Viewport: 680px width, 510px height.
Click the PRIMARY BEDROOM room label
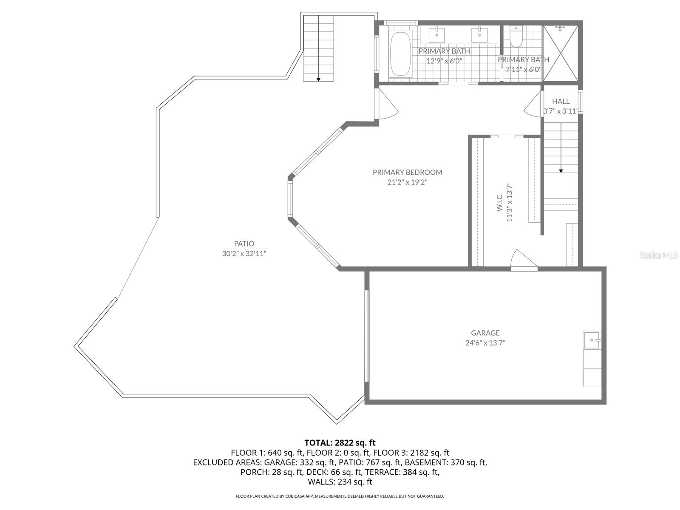click(407, 172)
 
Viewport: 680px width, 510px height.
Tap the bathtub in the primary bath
click(400, 54)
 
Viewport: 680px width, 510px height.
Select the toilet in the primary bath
click(516, 37)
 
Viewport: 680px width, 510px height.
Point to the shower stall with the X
click(561, 53)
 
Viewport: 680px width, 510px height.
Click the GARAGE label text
click(485, 333)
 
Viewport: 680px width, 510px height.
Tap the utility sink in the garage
click(592, 340)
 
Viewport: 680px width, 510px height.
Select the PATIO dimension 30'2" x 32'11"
click(244, 254)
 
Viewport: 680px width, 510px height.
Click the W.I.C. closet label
click(500, 202)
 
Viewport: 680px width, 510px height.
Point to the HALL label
click(561, 101)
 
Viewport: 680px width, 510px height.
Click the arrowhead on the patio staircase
click(318, 79)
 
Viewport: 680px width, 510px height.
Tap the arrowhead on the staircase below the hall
click(561, 170)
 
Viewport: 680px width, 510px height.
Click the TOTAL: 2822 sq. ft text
click(340, 442)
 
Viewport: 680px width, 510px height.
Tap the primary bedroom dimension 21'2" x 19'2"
click(407, 182)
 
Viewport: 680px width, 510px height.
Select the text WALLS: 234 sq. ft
click(340, 482)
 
